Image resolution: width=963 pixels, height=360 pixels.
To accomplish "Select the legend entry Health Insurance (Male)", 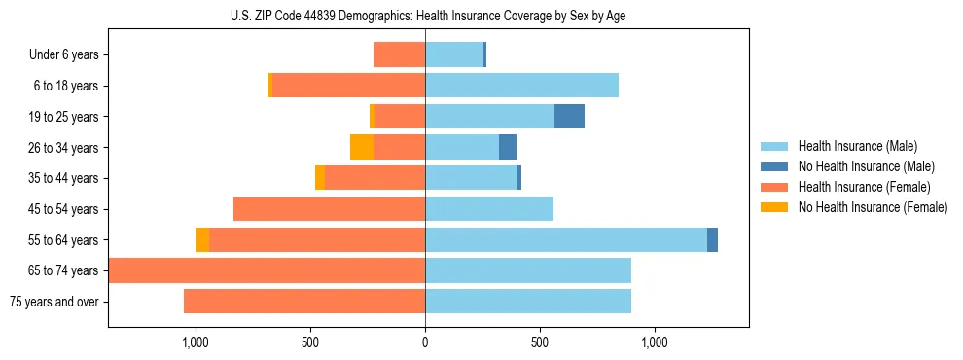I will (x=856, y=146).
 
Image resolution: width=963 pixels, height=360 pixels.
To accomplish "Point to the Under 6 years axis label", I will (x=63, y=55).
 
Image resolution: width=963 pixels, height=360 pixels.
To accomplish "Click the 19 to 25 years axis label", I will (x=64, y=117).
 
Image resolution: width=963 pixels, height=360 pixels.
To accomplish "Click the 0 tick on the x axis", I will (x=425, y=342).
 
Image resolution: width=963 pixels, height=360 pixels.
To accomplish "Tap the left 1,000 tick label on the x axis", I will (x=196, y=342).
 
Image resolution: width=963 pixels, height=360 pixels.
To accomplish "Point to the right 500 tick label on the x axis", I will (x=539, y=342).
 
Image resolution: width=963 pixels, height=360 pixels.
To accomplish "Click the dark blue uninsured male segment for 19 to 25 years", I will (x=569, y=117).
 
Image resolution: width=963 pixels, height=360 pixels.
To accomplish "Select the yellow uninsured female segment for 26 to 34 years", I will (x=362, y=147).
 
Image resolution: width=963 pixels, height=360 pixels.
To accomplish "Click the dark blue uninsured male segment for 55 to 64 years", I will (x=712, y=239).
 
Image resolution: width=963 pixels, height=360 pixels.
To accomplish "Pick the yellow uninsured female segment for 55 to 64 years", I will (x=202, y=239).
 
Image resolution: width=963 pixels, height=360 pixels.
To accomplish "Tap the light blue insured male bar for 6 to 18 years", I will (x=521, y=86).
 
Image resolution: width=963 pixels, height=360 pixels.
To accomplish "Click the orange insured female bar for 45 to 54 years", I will (x=329, y=209).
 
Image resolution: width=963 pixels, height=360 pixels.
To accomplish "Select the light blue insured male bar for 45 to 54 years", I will (x=489, y=209).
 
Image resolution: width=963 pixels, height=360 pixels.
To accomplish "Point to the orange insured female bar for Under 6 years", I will (x=399, y=54).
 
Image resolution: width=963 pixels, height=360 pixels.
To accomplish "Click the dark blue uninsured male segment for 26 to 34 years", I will (x=508, y=147).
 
